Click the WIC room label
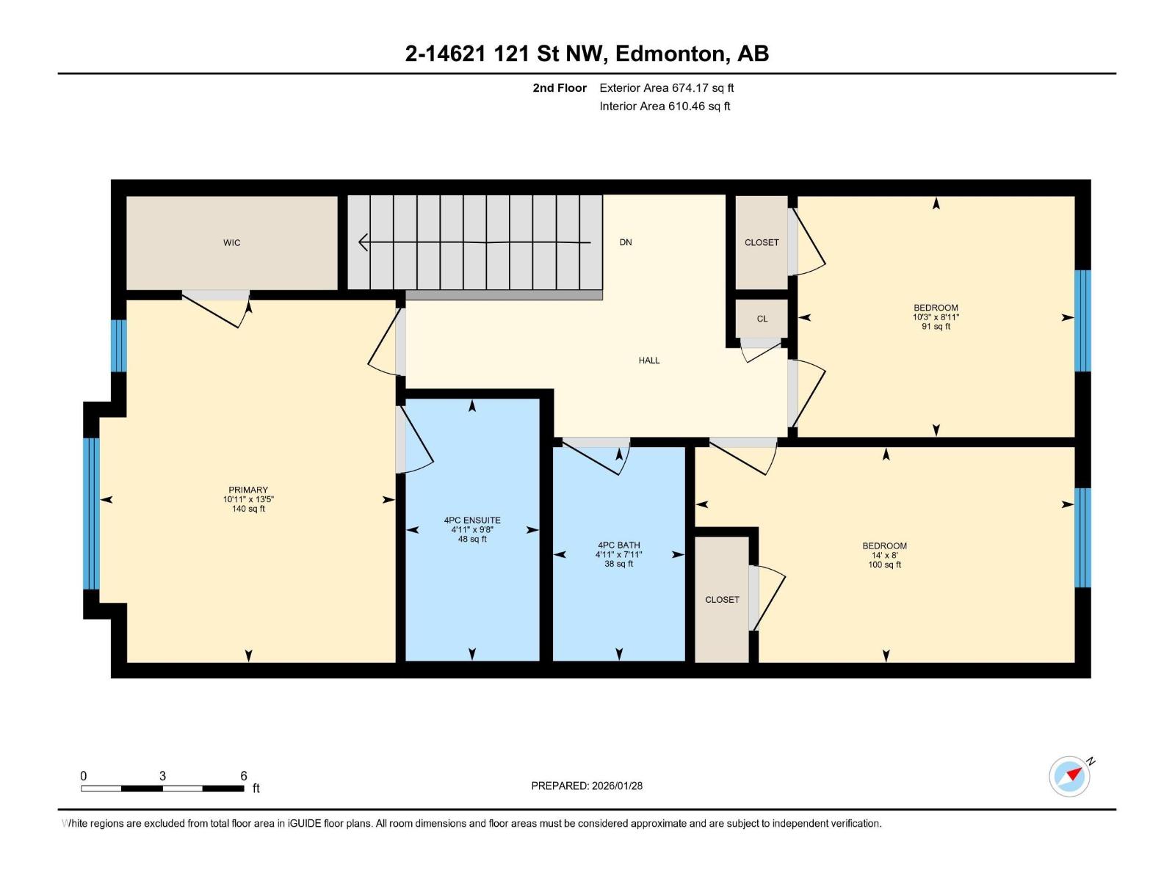coord(231,243)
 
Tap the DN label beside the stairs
coord(625,242)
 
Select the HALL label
coord(648,360)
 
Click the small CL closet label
coord(762,319)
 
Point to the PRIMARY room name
coord(247,490)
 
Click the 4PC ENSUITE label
coord(472,520)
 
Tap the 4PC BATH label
coord(619,545)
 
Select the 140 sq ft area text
coord(248,509)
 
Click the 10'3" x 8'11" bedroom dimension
coord(936,317)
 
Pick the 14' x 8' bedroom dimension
coord(884,555)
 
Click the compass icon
coord(1069,777)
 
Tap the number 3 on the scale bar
coord(162,775)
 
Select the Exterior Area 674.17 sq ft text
coord(667,87)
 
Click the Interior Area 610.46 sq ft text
coord(665,106)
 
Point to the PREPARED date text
coord(587,786)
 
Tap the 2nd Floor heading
coord(560,87)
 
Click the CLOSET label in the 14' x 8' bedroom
coord(722,600)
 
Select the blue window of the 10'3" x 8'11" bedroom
coord(1082,320)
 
